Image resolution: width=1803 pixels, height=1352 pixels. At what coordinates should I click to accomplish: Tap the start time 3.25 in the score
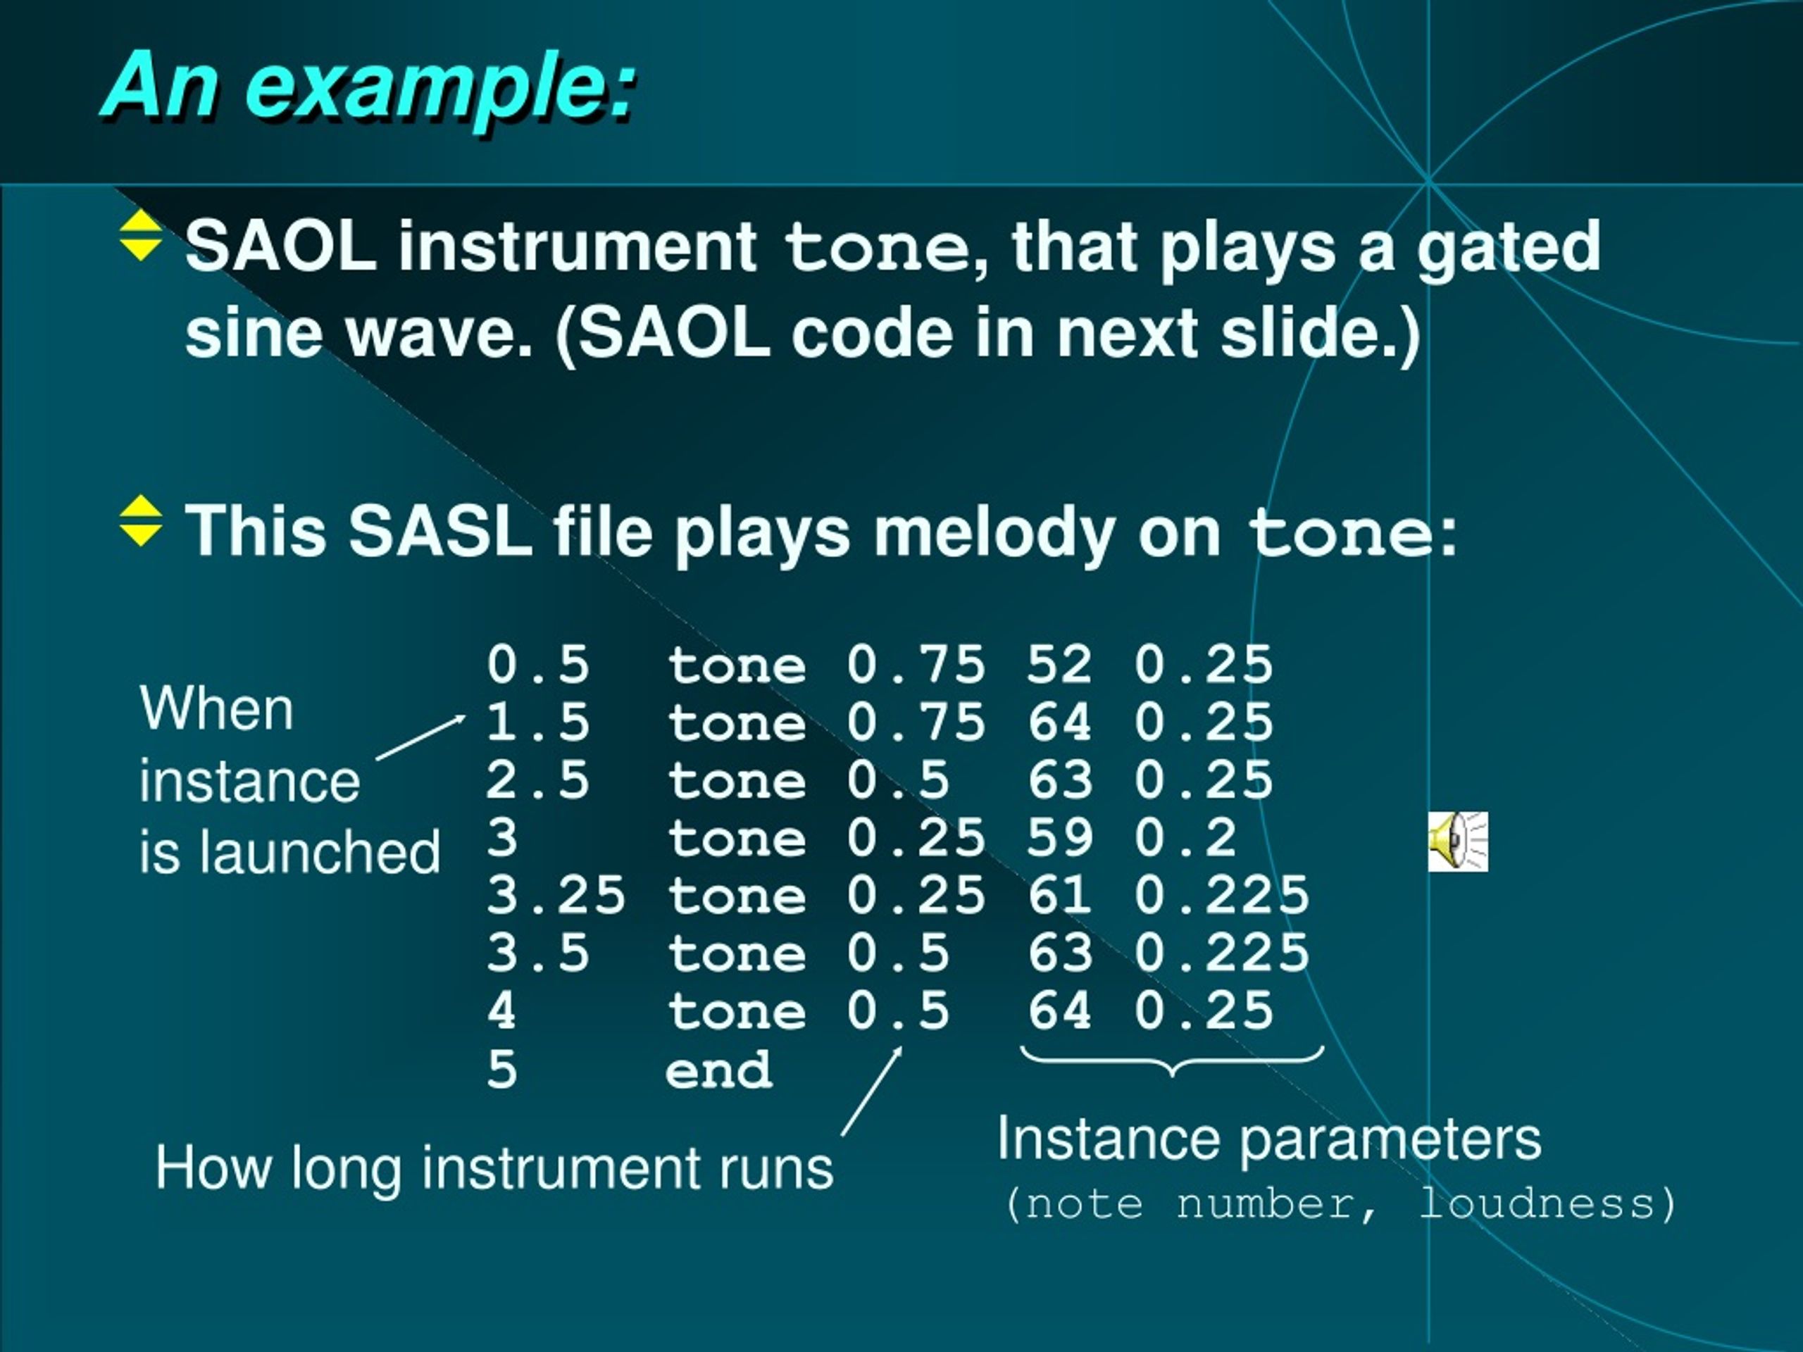556,895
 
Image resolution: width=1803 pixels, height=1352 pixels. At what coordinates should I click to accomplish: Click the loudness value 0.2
1185,837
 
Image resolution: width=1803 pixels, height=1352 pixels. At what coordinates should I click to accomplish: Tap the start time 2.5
538,780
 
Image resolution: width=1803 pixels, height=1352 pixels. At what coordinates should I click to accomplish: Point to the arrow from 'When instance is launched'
420,737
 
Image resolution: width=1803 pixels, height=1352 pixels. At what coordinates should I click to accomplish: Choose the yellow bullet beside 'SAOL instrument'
141,235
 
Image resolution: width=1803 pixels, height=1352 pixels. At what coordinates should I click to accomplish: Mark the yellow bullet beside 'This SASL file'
141,521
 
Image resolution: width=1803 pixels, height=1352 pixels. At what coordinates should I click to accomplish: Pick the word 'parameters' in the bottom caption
1390,1139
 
